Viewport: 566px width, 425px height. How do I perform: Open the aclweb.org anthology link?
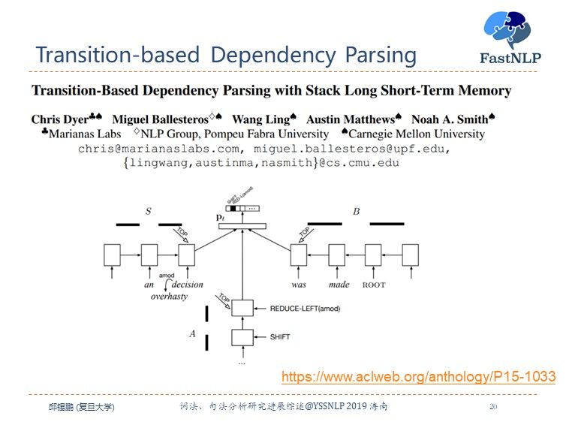(x=418, y=376)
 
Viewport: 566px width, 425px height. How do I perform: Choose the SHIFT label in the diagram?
(x=279, y=337)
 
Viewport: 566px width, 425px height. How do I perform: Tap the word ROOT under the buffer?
(x=374, y=285)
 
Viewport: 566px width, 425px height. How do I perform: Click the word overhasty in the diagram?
(x=169, y=296)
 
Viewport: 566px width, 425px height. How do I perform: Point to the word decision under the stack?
(x=187, y=285)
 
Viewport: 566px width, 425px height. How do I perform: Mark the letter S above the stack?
(x=148, y=212)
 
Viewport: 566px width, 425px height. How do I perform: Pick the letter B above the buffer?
(x=356, y=212)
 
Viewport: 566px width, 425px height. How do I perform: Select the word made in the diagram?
(x=339, y=285)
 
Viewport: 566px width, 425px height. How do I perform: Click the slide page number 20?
(x=492, y=406)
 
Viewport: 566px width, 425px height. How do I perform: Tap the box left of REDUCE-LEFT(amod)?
(x=242, y=308)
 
